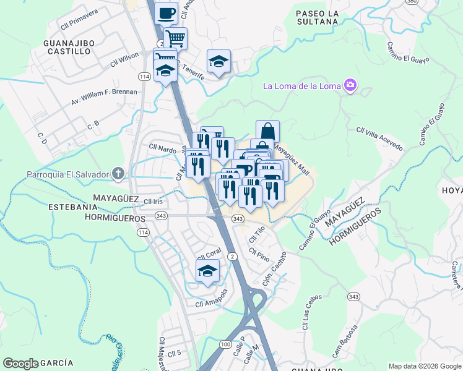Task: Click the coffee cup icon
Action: (x=165, y=13)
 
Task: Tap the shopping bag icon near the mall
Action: (x=267, y=131)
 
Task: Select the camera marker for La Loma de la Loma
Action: (x=350, y=85)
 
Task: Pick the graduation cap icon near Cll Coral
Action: (x=208, y=271)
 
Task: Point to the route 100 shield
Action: (x=226, y=343)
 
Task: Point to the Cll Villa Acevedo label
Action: (x=379, y=139)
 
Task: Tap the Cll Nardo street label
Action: (x=163, y=148)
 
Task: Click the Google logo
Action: (x=20, y=364)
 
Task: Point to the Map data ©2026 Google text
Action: (x=424, y=365)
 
